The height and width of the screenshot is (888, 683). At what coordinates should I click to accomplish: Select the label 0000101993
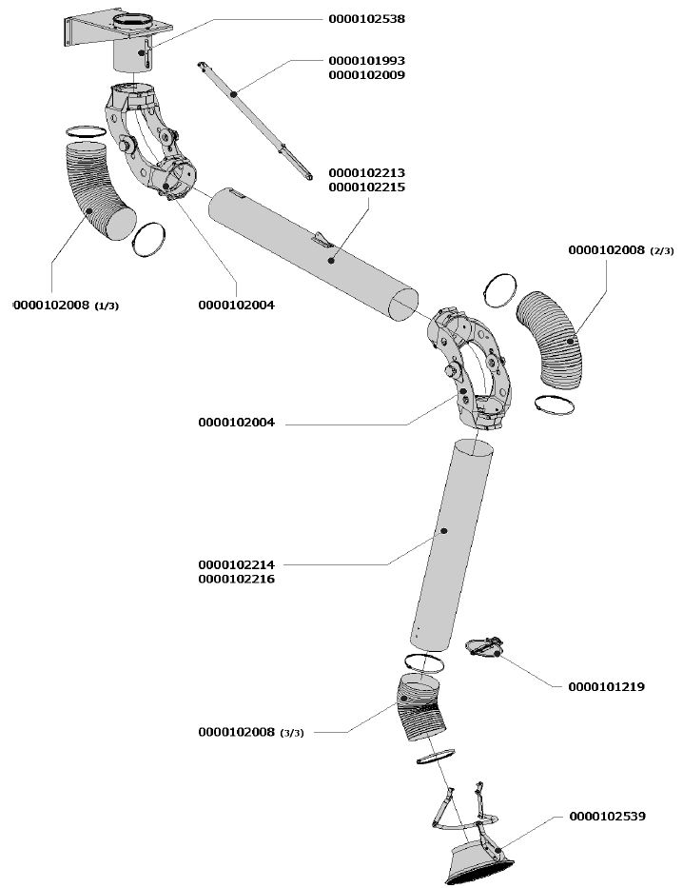(x=367, y=61)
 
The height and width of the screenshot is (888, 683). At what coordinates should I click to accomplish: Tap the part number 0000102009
(x=367, y=74)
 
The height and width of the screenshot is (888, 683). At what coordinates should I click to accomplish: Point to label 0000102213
(x=367, y=173)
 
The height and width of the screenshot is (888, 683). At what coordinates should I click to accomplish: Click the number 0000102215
(x=367, y=187)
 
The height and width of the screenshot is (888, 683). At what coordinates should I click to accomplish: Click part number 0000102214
(x=237, y=564)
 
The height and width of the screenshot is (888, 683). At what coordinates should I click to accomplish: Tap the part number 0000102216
(x=237, y=579)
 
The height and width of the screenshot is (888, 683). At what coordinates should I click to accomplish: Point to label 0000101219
(x=607, y=686)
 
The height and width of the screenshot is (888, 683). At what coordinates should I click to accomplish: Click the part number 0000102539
(x=608, y=816)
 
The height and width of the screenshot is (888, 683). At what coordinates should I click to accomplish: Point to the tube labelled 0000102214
(x=452, y=543)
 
